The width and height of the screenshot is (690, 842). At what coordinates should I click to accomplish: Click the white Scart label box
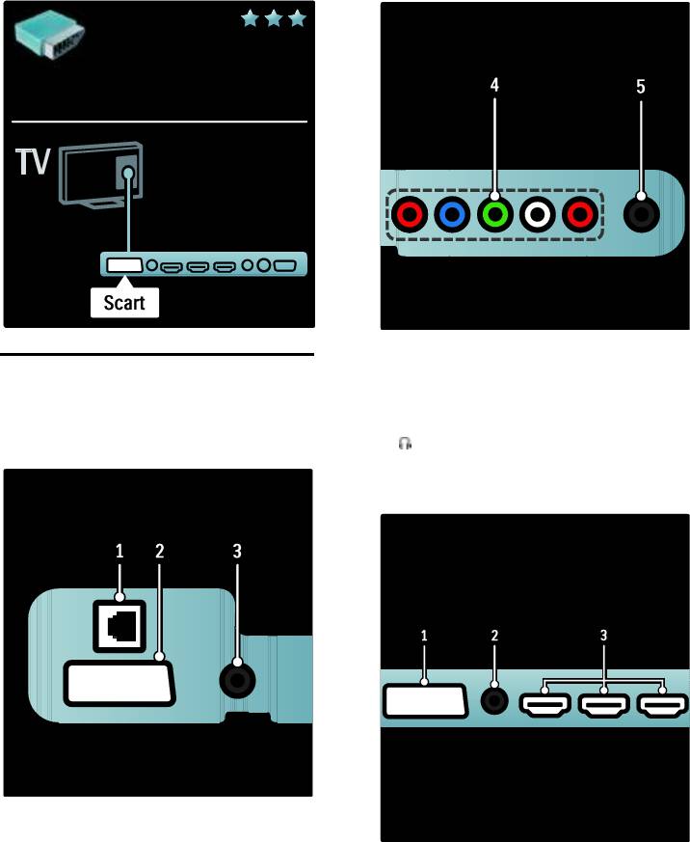click(x=125, y=303)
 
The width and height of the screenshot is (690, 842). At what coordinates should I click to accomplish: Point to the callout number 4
click(x=494, y=86)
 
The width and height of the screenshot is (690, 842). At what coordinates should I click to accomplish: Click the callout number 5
click(x=641, y=86)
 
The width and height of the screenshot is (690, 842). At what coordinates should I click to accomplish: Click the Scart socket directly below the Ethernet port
click(x=119, y=684)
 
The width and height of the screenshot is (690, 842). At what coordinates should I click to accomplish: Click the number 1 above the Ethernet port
click(x=120, y=552)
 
